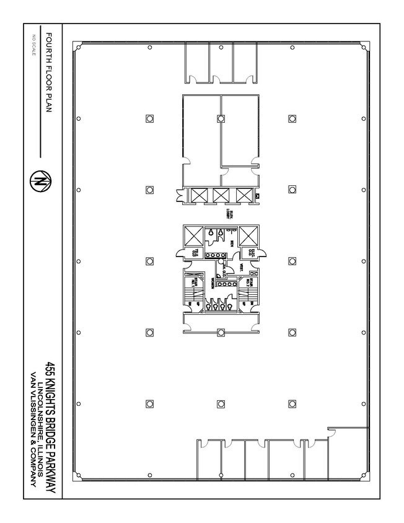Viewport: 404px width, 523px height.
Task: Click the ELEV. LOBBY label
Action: tap(228, 214)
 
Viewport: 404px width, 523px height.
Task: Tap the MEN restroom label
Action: tap(232, 243)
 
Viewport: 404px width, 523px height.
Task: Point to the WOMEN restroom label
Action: tap(212, 282)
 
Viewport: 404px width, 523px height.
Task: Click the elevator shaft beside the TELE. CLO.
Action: tap(193, 235)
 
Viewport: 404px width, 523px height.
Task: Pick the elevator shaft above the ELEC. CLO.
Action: tap(249, 235)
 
